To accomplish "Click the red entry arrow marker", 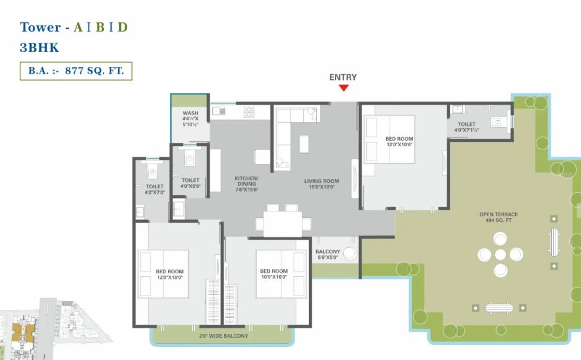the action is tap(344, 88).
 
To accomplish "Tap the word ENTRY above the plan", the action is tap(343, 77).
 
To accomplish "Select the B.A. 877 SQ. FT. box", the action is tap(76, 71).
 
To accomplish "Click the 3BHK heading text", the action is tap(39, 48).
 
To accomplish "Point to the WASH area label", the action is tap(190, 118).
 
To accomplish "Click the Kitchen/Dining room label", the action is tap(247, 183).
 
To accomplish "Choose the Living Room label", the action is tap(322, 183).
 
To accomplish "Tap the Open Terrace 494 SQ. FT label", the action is tap(499, 217).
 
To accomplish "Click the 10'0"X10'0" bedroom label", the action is tap(274, 274).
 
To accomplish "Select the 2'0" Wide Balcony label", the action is tap(223, 336).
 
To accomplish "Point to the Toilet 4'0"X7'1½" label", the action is tap(466, 127).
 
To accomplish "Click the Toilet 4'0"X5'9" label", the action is tap(190, 183).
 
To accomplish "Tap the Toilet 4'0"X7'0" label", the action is tap(154, 189).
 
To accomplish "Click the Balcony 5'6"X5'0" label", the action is tap(327, 255).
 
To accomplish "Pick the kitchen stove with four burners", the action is tap(249, 112).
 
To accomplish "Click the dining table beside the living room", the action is tap(283, 224).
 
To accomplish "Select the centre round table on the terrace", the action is tap(500, 255).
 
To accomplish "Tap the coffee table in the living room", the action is tap(304, 144).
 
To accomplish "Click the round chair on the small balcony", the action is tap(349, 253).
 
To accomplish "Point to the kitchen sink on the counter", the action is tap(219, 111).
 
